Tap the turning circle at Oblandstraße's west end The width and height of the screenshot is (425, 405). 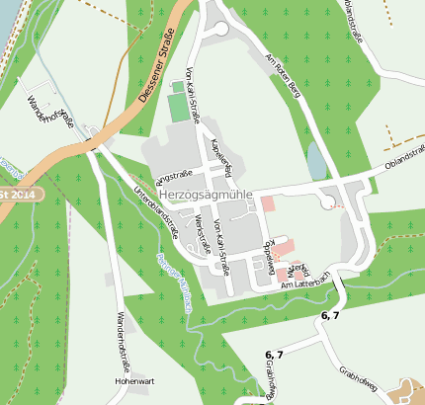coord(327,202)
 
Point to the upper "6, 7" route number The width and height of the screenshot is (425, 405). coord(330,315)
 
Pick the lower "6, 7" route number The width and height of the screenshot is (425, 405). coord(274,355)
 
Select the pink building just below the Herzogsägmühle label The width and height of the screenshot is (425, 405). coord(268,204)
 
